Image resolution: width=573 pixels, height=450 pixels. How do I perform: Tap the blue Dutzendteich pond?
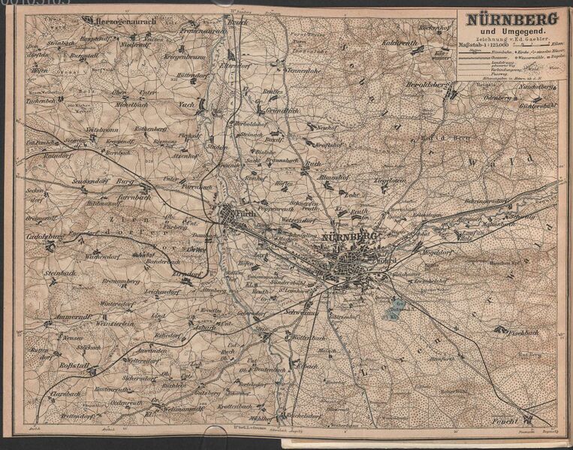click(399, 307)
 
